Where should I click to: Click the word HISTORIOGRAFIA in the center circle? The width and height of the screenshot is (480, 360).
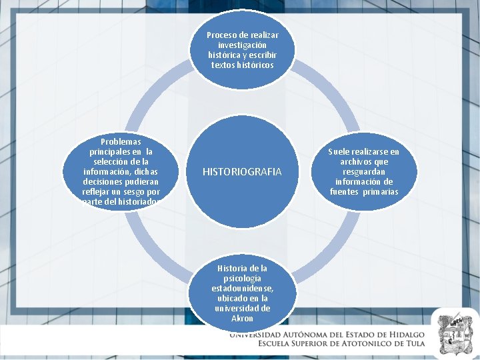pyautogui.click(x=242, y=172)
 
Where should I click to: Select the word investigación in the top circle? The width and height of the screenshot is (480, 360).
pyautogui.click(x=242, y=45)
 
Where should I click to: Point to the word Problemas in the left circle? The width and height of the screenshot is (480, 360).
pyautogui.click(x=121, y=142)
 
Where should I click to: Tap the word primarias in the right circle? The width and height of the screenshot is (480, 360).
pyautogui.click(x=382, y=192)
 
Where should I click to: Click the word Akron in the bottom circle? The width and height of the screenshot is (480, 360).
pyautogui.click(x=242, y=319)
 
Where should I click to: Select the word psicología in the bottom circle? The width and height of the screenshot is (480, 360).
pyautogui.click(x=242, y=278)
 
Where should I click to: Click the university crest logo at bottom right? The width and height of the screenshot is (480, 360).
pyautogui.click(x=455, y=331)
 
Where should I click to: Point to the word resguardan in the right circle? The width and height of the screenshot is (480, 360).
pyautogui.click(x=364, y=172)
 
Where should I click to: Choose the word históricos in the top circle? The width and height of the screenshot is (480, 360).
pyautogui.click(x=252, y=65)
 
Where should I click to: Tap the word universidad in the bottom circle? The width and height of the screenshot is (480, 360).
pyautogui.click(x=242, y=309)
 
